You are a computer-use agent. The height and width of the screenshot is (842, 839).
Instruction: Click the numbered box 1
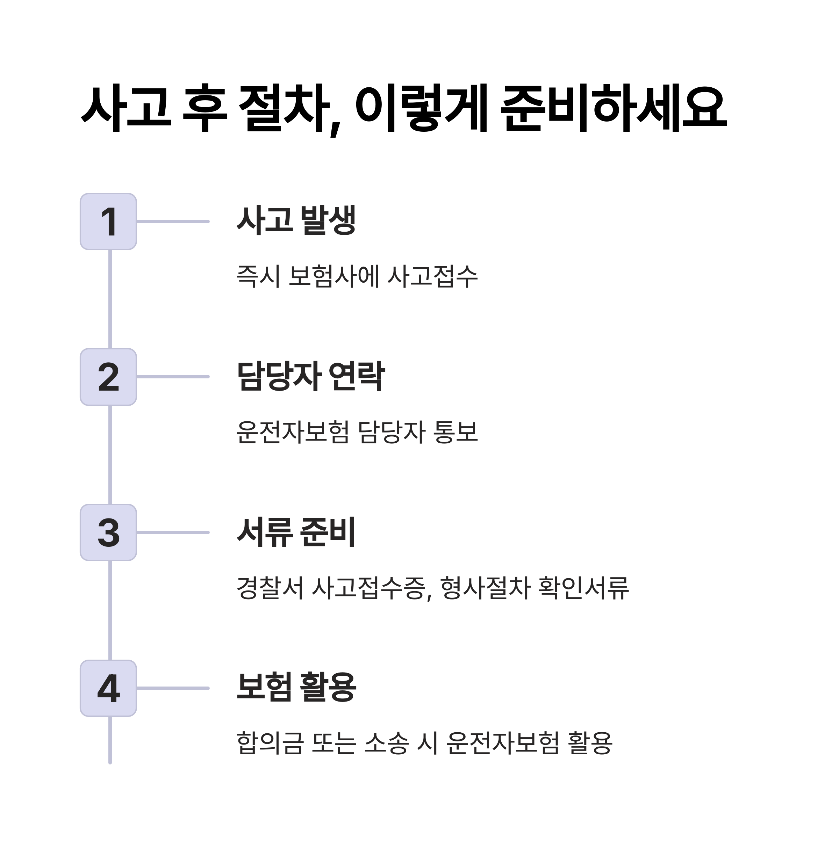pyautogui.click(x=108, y=222)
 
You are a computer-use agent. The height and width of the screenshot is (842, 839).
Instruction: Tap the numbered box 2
pyautogui.click(x=108, y=377)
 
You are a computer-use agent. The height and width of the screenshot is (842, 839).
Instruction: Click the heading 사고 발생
pyautogui.click(x=296, y=220)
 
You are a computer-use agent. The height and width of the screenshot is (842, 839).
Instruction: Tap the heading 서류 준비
pyautogui.click(x=296, y=532)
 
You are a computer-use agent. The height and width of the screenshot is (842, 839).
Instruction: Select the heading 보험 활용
pyautogui.click(x=296, y=687)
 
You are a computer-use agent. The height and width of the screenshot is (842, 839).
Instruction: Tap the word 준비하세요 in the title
pyautogui.click(x=614, y=108)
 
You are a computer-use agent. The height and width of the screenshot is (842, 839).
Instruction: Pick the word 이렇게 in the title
pyautogui.click(x=422, y=108)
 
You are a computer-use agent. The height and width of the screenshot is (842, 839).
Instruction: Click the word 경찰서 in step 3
pyautogui.click(x=270, y=588)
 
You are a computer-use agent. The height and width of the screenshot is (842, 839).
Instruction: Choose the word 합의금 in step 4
pyautogui.click(x=270, y=743)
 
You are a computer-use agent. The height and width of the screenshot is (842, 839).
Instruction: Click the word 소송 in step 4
pyautogui.click(x=386, y=743)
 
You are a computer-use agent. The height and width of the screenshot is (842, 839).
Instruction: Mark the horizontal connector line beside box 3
pyautogui.click(x=173, y=532)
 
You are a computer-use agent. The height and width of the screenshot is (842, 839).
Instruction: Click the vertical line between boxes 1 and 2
pyautogui.click(x=110, y=299)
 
